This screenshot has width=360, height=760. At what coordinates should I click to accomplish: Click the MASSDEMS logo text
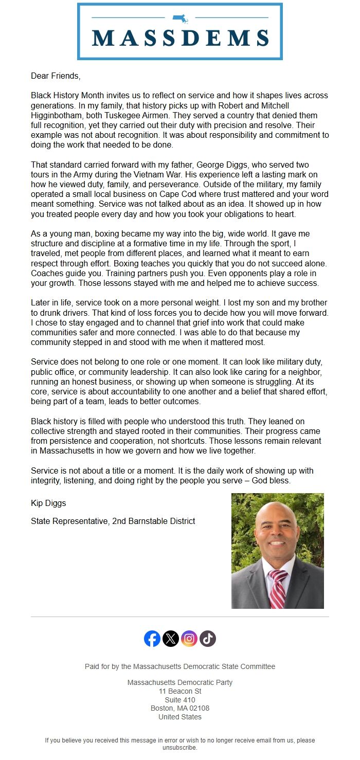point(180,38)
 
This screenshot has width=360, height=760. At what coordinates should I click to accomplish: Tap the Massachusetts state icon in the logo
point(180,19)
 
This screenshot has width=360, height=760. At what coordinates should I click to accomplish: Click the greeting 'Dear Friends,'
point(56,76)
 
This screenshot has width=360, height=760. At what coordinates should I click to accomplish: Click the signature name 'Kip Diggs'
point(48,503)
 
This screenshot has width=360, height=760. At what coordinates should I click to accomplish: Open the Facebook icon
point(152,639)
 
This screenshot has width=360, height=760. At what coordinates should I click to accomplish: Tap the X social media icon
point(171,639)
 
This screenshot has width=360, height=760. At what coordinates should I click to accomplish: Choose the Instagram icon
point(189,639)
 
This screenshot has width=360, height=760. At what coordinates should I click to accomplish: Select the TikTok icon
point(208,639)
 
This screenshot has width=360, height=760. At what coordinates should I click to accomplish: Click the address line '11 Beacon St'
point(180,691)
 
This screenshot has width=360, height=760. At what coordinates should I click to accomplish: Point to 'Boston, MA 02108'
point(180,708)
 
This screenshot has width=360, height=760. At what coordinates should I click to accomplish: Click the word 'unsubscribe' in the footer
point(179,748)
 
